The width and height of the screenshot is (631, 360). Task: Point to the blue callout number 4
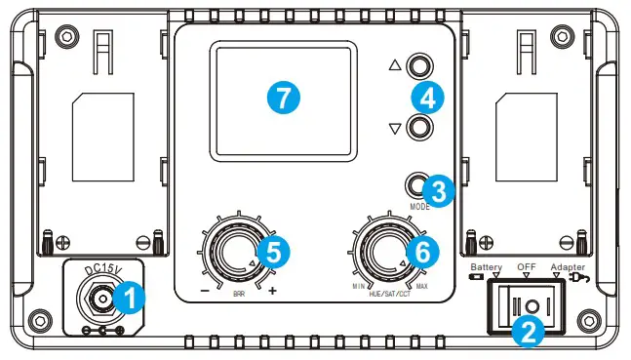point(428,96)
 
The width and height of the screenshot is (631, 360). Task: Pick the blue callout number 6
point(421,251)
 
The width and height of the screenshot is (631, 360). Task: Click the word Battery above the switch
point(485,266)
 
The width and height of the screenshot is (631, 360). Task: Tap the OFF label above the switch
point(526,266)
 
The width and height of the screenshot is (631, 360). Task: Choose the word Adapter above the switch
point(569,266)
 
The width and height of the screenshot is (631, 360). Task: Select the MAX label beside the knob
point(422,286)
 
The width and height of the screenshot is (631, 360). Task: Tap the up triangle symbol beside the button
point(395,66)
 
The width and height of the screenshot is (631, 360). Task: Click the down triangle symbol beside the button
point(395,128)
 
